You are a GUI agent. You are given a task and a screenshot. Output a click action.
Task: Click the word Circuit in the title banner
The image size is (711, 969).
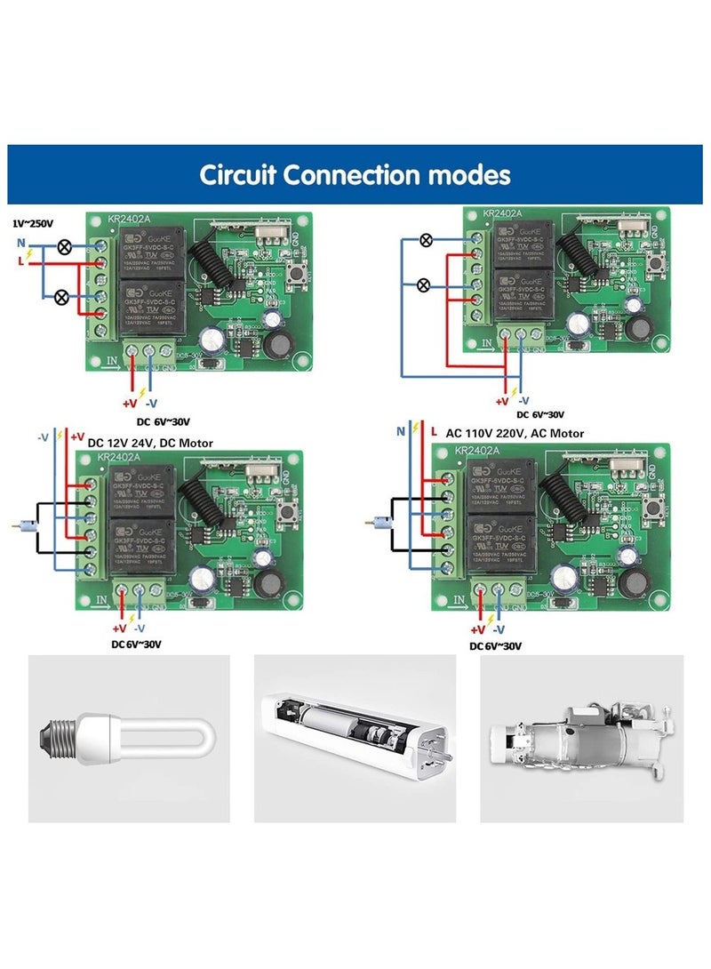click(x=237, y=174)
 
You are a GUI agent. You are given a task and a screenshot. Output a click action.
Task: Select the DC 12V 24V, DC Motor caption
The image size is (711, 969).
click(x=150, y=442)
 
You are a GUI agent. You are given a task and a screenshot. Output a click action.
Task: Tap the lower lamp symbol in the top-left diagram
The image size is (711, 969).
click(x=63, y=297)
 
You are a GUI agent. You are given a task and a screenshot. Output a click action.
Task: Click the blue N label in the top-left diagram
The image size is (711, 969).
click(x=20, y=242)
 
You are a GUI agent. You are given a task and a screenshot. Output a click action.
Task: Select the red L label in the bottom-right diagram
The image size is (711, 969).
click(x=434, y=431)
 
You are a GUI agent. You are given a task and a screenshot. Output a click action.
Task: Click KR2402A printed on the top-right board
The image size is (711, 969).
click(x=503, y=213)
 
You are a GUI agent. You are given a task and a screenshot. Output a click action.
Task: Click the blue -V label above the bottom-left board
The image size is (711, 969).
click(x=42, y=436)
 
